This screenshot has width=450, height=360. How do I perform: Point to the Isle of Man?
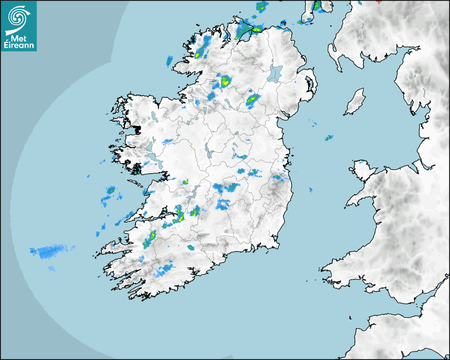[x=355, y=102]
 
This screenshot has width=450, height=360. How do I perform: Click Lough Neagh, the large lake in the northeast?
[x=275, y=73]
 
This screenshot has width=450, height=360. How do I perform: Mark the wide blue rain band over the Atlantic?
[x=50, y=251]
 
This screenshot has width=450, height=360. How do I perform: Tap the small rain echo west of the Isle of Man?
[x=329, y=138]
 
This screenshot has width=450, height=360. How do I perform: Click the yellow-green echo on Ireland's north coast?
[x=256, y=29]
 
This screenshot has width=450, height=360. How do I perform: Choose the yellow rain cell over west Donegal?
[x=201, y=53]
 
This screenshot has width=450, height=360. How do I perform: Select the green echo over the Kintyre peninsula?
[x=317, y=6]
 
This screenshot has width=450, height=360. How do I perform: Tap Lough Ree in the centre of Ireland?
[x=206, y=151]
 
